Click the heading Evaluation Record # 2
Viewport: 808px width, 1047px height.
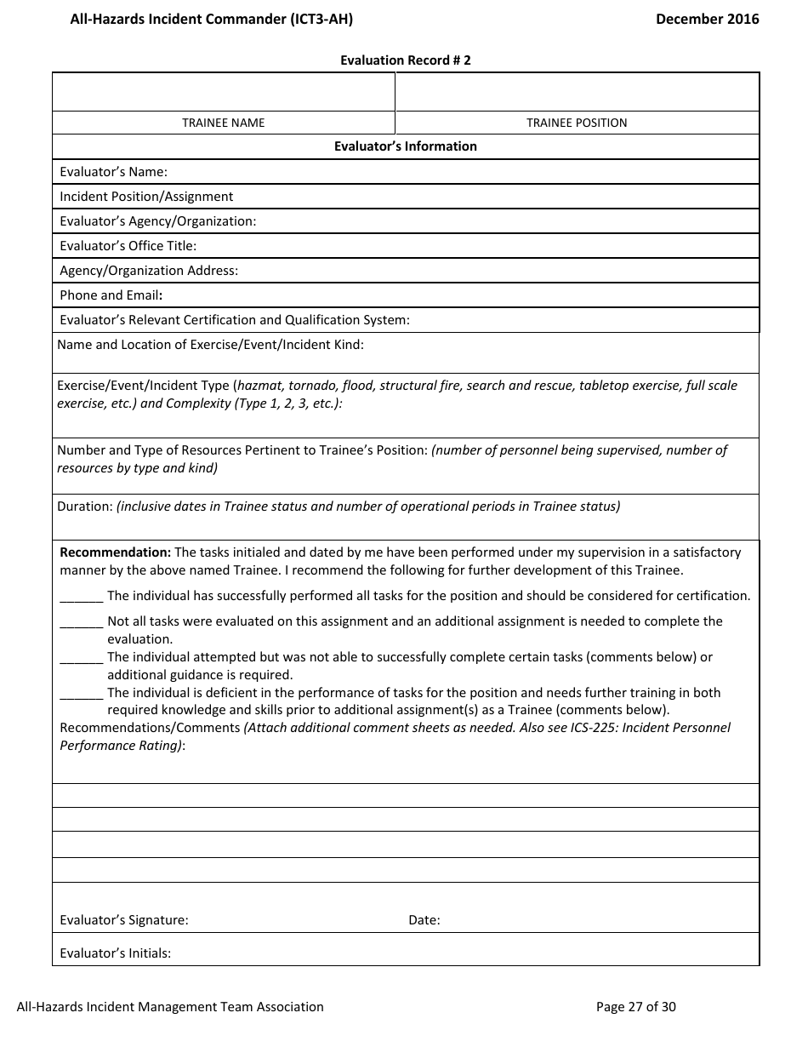tap(405, 60)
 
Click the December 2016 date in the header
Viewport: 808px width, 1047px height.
tap(707, 19)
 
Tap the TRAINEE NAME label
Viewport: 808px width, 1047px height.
tap(224, 123)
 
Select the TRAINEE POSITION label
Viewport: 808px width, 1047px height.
tap(577, 123)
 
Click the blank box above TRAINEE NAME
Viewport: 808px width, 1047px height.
tap(224, 92)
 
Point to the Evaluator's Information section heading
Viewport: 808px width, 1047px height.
tap(405, 146)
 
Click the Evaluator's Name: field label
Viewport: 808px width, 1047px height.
tap(113, 172)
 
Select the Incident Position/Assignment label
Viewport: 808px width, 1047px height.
tap(145, 197)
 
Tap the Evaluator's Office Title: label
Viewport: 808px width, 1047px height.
tap(128, 246)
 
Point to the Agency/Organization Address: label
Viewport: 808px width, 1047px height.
tap(149, 271)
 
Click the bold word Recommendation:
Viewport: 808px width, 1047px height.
tap(116, 552)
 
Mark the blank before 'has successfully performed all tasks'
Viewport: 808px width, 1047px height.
tap(82, 598)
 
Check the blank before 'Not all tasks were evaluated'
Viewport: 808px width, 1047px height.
tap(82, 623)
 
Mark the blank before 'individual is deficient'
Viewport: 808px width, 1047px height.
tap(82, 695)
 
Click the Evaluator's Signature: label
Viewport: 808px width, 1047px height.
tap(124, 920)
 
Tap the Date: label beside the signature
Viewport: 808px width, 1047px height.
tap(424, 920)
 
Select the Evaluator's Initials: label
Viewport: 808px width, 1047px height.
tap(115, 953)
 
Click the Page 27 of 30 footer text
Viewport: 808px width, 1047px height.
tap(635, 1007)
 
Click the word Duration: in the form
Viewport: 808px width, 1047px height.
tap(85, 506)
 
